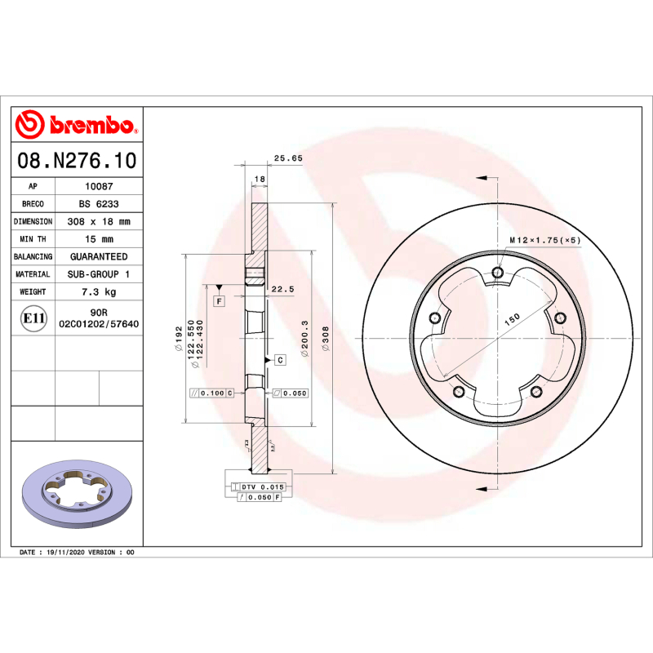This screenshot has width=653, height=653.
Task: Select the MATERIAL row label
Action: tap(33, 274)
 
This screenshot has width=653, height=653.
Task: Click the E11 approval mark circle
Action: tap(33, 318)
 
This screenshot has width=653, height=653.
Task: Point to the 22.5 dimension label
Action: tap(282, 289)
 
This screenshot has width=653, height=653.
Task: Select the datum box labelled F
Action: tap(220, 301)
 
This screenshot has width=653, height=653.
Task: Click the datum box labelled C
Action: tap(279, 359)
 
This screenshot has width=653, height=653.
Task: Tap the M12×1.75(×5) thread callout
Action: tap(544, 241)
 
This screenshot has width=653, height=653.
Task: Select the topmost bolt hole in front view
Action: tap(498, 273)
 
